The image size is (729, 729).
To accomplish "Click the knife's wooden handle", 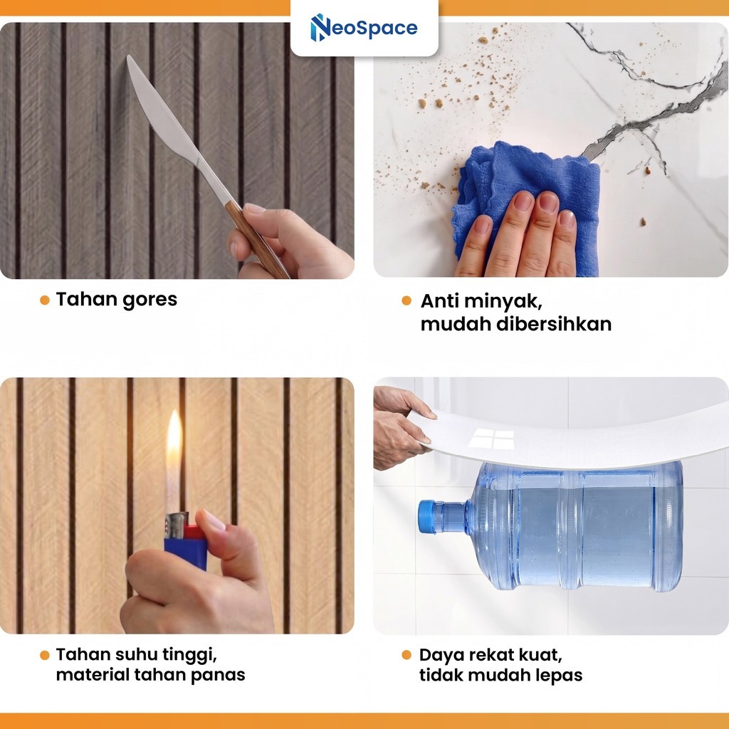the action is [x=256, y=240].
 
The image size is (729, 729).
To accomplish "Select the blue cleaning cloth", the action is [x=525, y=200].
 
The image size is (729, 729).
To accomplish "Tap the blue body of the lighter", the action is [x=186, y=552].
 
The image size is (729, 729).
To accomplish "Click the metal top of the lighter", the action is [x=177, y=525].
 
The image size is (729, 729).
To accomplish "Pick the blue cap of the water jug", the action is [x=426, y=517].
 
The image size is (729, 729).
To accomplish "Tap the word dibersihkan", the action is [x=554, y=324].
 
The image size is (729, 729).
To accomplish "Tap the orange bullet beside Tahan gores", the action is [x=45, y=300].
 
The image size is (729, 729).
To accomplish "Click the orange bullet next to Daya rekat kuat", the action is [x=407, y=655].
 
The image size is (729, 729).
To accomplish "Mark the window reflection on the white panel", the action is [x=491, y=439].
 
